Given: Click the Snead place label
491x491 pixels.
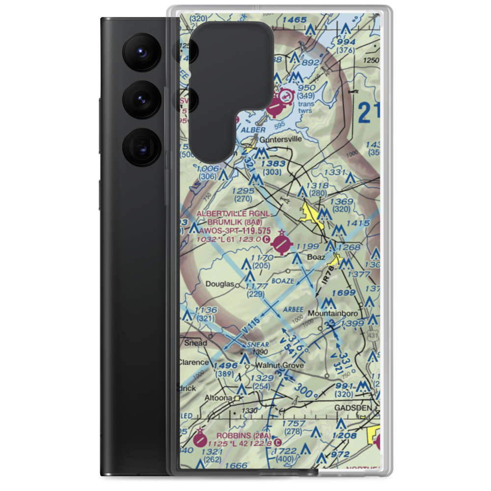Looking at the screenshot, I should (x=195, y=343).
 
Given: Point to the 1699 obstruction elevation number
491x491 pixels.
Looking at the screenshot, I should (x=343, y=293).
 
